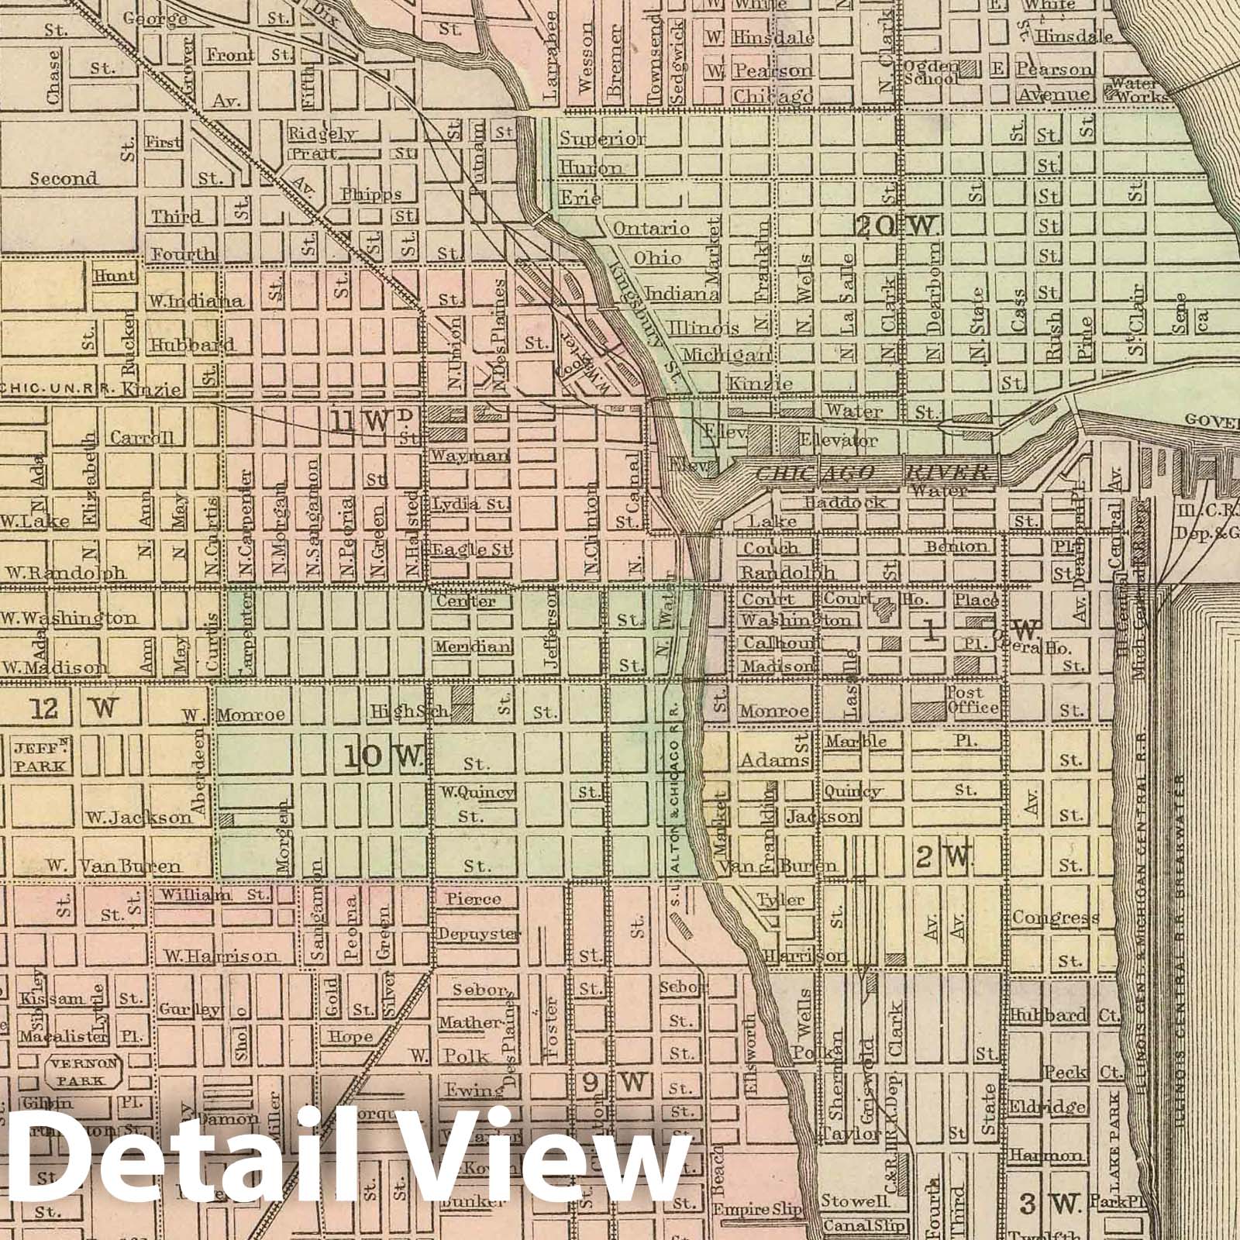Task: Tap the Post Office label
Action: click(x=971, y=700)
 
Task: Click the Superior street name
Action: click(x=602, y=139)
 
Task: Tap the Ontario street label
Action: click(x=651, y=228)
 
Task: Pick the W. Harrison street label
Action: click(x=219, y=955)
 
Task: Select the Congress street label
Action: click(x=1055, y=918)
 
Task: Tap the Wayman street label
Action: click(x=470, y=456)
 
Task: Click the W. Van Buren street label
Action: click(x=113, y=866)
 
